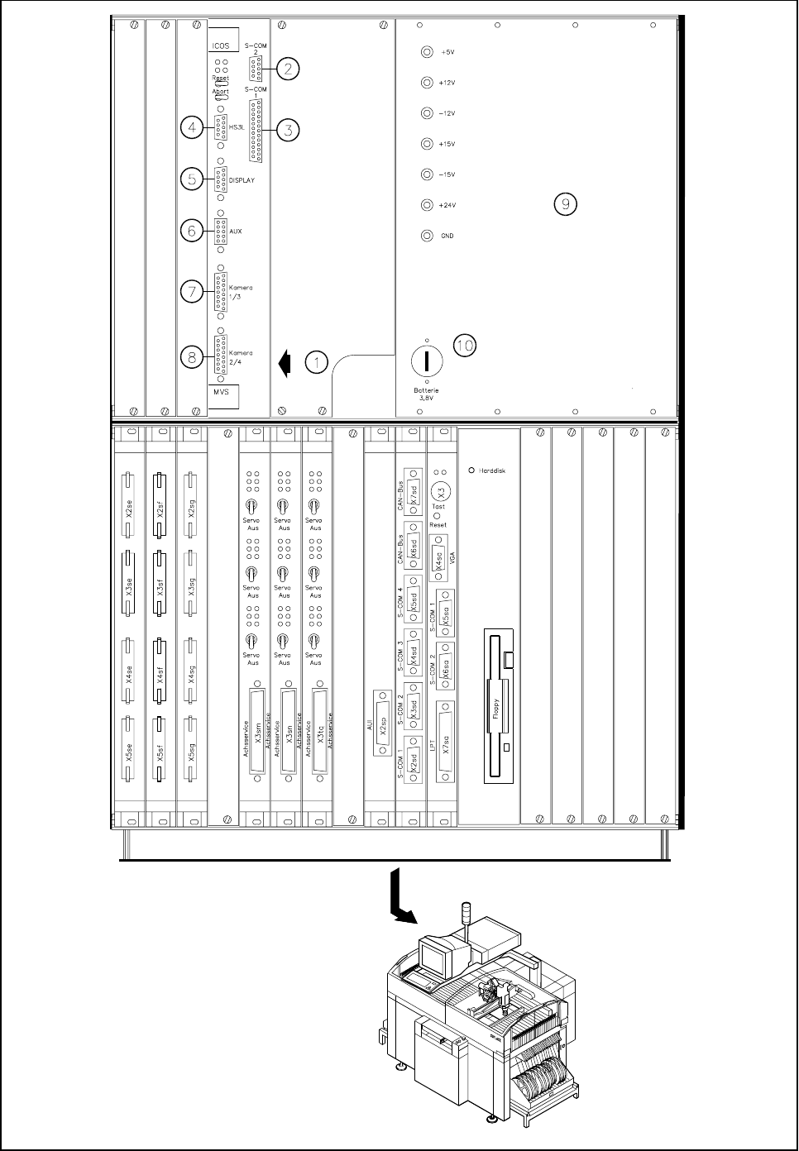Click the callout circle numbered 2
287,69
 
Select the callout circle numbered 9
565,204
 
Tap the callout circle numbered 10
466,345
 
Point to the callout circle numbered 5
192,179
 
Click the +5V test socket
427,52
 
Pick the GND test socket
427,236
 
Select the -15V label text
447,174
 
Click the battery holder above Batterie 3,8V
427,361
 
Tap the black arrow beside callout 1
285,362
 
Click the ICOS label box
221,46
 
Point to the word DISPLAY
242,179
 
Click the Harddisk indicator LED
472,470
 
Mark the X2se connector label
129,507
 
